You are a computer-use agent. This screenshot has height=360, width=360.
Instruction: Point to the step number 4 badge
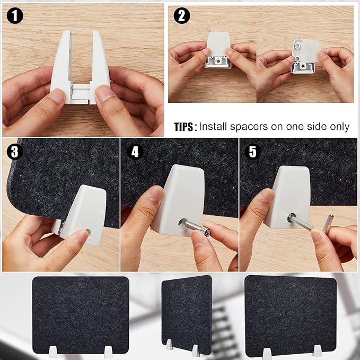[x=135, y=152]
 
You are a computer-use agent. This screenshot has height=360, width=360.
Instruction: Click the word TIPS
[x=185, y=127]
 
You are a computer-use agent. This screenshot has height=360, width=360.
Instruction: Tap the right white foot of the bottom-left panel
[x=108, y=352]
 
